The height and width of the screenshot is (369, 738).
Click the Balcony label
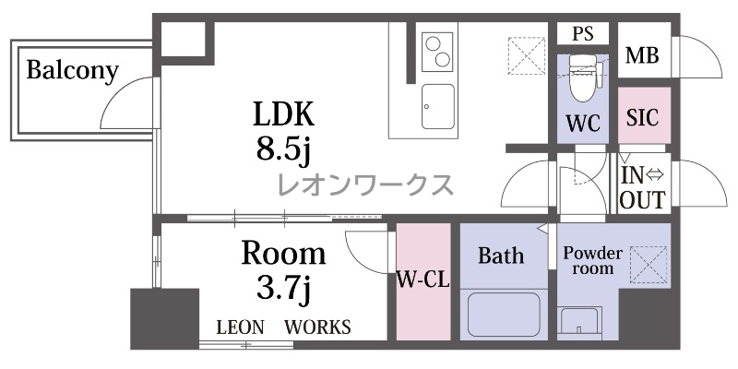pos(72,71)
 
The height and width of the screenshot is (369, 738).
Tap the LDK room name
pos(283,113)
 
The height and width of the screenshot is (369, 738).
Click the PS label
pos(583,34)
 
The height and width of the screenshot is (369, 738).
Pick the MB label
pos(642,56)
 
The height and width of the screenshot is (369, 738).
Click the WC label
pos(583,124)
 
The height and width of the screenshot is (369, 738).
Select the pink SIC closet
pos(643,115)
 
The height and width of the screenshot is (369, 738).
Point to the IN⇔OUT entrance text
pos(642,188)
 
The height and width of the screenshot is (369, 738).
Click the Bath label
pos(501,256)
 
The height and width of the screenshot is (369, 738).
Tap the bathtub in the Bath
pos(504,315)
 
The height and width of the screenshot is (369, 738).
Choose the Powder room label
pos(592,261)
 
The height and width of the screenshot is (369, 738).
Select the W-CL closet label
pos(423,280)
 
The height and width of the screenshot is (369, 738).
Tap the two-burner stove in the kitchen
pos(437,52)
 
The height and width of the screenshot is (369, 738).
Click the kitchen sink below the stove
pos(438,106)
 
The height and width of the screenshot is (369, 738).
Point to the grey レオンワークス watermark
pos(365,185)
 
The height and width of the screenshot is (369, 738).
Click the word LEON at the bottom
pos(240,327)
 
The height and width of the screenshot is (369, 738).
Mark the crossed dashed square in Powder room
pos(649,265)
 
